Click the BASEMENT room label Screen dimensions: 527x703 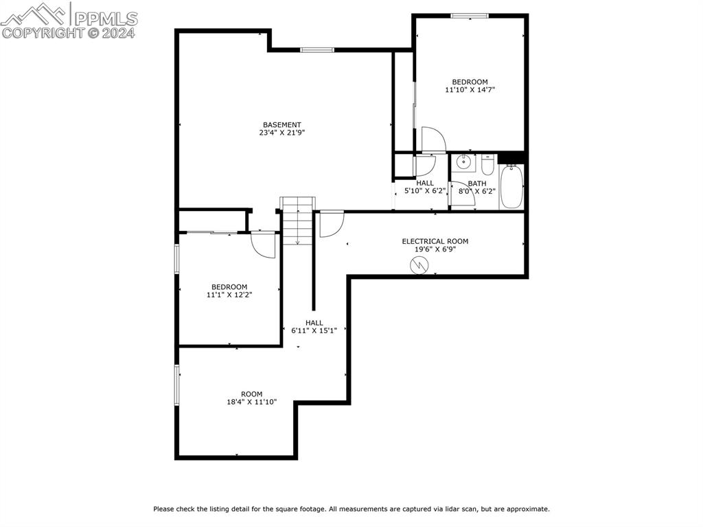[x=282, y=124]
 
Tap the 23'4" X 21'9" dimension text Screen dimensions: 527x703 [x=282, y=133]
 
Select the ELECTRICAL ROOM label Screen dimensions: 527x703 [x=435, y=241]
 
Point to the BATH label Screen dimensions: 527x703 [x=477, y=183]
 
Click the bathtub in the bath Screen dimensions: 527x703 [x=511, y=186]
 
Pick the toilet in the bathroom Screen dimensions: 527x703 [x=488, y=166]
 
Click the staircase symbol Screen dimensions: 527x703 [x=297, y=220]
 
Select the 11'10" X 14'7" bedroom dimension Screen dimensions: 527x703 [x=470, y=89]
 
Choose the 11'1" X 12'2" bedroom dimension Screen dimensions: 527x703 [x=229, y=295]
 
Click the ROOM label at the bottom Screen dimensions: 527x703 [x=252, y=394]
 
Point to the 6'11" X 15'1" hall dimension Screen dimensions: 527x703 [x=314, y=330]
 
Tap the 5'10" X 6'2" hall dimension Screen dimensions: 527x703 [x=425, y=191]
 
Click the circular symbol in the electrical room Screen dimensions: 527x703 [x=418, y=265]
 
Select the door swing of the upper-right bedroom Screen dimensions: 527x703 [x=433, y=139]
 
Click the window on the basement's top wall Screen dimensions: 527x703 [x=317, y=49]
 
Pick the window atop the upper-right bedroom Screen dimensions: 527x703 [x=470, y=15]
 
